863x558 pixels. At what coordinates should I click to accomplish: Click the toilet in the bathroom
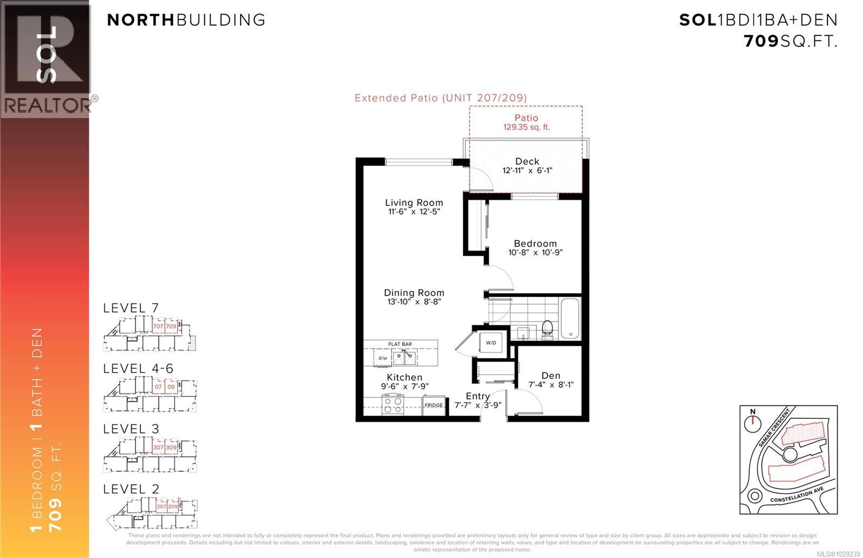click(547, 328)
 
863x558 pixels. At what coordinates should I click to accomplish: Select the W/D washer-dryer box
click(491, 342)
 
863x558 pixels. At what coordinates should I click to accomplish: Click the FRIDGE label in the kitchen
click(434, 405)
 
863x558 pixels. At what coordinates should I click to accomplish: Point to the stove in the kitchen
click(393, 404)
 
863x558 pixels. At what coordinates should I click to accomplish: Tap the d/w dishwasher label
click(382, 357)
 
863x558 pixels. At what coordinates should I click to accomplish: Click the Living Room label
click(414, 203)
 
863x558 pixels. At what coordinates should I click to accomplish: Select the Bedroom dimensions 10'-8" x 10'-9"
click(535, 252)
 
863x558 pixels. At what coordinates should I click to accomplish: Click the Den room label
click(551, 375)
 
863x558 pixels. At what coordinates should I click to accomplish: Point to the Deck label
click(527, 161)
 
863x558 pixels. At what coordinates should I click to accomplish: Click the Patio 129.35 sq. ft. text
click(526, 122)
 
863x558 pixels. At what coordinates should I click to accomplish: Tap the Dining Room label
click(414, 293)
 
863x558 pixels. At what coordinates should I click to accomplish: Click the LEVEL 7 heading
click(131, 308)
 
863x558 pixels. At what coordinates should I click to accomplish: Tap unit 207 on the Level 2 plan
click(161, 507)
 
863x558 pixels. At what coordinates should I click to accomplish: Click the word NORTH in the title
click(141, 20)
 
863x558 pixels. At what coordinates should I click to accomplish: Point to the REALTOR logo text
click(47, 106)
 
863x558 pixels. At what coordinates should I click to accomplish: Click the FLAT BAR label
click(400, 344)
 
